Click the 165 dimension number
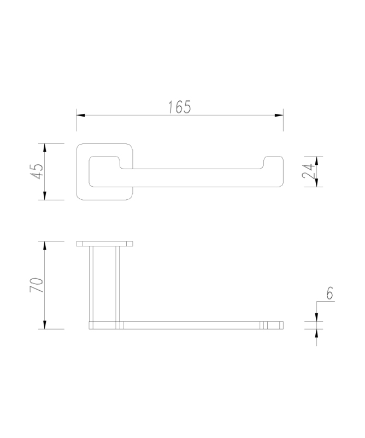[x=180, y=107]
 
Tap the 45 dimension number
[x=37, y=171]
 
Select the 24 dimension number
[x=308, y=171]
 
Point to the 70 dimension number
[x=37, y=285]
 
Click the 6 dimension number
[x=329, y=293]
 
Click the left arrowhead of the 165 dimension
[x=80, y=115]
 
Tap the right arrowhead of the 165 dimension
[x=279, y=115]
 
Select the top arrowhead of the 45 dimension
[x=45, y=148]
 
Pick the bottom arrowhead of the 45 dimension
[x=45, y=196]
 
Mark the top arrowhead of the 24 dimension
[x=316, y=160]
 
